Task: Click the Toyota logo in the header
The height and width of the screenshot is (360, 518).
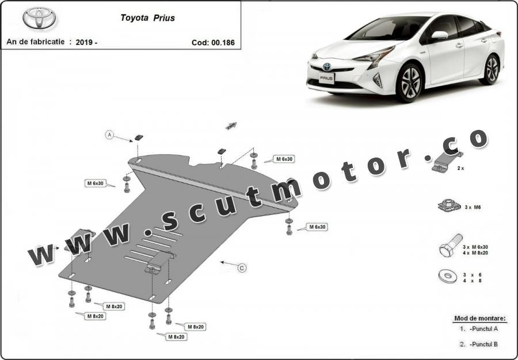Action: [40, 18]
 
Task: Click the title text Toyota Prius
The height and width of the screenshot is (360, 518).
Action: [147, 18]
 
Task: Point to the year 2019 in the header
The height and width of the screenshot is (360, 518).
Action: [85, 42]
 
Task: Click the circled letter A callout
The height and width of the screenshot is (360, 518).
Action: [109, 135]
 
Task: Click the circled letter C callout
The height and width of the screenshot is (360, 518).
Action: [242, 267]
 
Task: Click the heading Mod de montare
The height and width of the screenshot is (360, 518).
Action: [480, 318]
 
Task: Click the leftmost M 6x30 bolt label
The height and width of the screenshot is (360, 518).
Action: [96, 183]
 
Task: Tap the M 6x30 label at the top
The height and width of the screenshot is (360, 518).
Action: [284, 159]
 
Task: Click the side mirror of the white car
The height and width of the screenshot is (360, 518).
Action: [439, 36]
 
